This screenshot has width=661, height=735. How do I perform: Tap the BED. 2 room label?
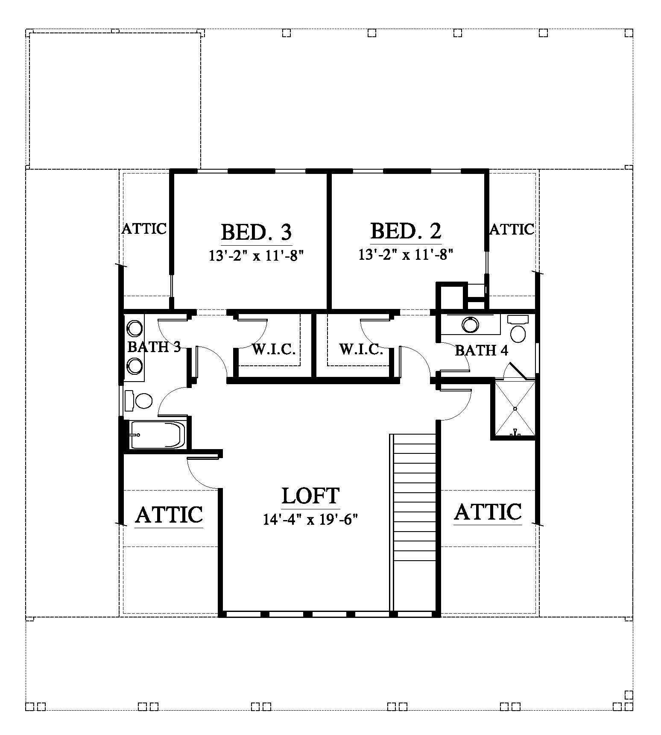[x=406, y=231]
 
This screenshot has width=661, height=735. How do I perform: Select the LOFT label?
[x=310, y=495]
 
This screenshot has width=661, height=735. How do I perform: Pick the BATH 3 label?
[x=154, y=347]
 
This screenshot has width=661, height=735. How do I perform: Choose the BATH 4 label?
[x=482, y=350]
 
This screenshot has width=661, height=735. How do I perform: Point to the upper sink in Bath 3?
[x=135, y=329]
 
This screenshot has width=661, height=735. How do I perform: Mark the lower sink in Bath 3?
[x=135, y=365]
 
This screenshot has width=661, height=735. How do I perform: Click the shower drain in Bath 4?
[x=515, y=409]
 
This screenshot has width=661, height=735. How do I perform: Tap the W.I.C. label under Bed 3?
[x=274, y=349]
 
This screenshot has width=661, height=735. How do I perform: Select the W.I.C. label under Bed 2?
[x=361, y=349]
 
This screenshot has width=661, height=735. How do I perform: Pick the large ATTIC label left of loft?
[x=169, y=514]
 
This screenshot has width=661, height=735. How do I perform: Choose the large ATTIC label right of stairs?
[x=488, y=512]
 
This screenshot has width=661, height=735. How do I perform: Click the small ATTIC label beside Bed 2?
[x=512, y=229]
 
